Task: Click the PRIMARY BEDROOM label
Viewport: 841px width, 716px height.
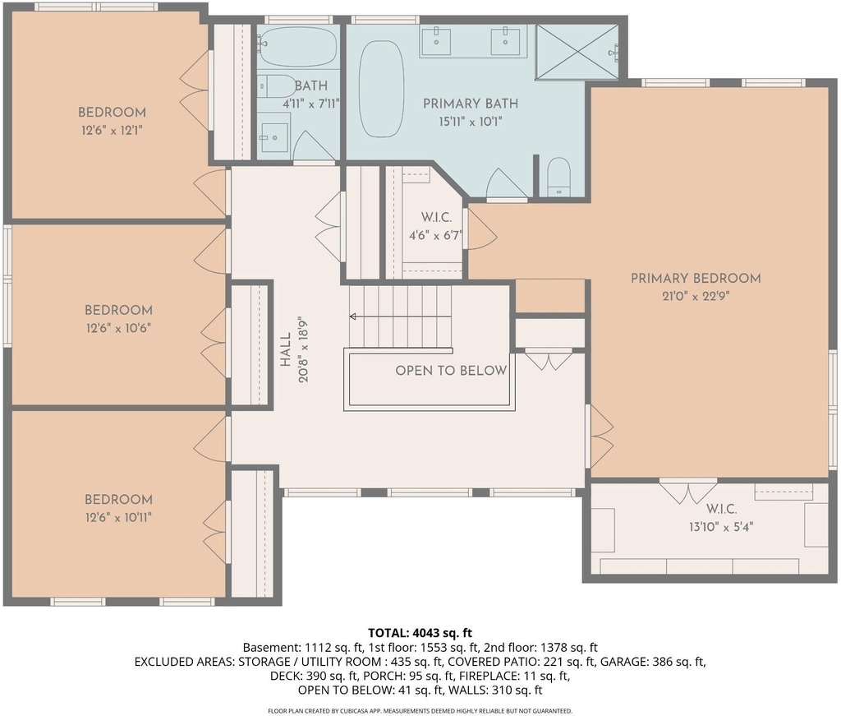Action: [x=695, y=278]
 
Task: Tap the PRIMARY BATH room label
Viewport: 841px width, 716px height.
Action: [x=471, y=104]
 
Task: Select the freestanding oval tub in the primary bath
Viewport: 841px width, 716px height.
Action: [x=381, y=89]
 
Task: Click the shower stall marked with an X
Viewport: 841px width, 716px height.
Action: [x=577, y=52]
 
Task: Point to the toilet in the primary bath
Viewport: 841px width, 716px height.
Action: [x=558, y=177]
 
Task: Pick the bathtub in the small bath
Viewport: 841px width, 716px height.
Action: [x=297, y=46]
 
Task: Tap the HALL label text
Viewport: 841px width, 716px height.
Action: [x=285, y=349]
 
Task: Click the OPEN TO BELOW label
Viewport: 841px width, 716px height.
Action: [x=451, y=371]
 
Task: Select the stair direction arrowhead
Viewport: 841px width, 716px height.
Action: [x=353, y=316]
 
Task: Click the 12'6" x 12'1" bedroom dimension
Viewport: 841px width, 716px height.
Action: [x=112, y=131]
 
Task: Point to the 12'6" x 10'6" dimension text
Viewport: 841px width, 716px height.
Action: [x=118, y=327]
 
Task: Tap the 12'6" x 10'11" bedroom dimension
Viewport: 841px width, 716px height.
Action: [x=118, y=517]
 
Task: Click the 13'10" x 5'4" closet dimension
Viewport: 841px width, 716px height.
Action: [x=721, y=527]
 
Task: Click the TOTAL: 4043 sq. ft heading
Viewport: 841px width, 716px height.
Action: [x=420, y=633]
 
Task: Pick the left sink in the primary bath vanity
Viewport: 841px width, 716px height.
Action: [x=435, y=41]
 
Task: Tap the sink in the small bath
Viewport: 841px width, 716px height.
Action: [x=274, y=137]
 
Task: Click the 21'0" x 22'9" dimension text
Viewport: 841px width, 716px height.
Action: [x=695, y=296]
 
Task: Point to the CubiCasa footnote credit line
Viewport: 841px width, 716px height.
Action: [x=420, y=711]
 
